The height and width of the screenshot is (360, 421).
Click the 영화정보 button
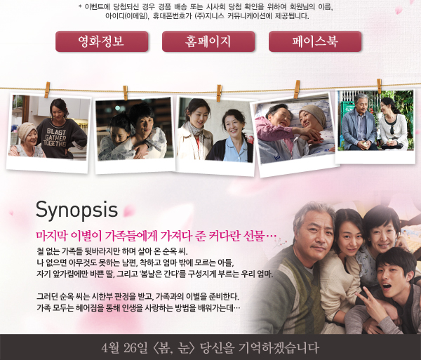pyautogui.click(x=102, y=41)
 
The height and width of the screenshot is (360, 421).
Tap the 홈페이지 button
pyautogui.click(x=208, y=41)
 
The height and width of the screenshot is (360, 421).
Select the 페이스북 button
pyautogui.click(x=315, y=41)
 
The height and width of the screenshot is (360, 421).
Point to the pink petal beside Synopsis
pyautogui.click(x=129, y=211)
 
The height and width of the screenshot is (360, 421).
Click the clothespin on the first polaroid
pyautogui.click(x=47, y=90)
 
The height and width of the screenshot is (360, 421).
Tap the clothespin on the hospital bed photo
pyautogui.click(x=297, y=89)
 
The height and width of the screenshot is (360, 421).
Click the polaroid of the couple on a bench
pyautogui.click(x=375, y=126)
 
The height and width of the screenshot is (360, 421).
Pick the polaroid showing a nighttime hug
pyautogui.click(x=135, y=135)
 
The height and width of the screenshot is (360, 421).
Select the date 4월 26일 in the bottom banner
pyautogui.click(x=125, y=348)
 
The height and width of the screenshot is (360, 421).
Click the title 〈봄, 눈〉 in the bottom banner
pyautogui.click(x=174, y=348)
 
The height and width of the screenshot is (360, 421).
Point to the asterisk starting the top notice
pyautogui.click(x=80, y=6)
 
